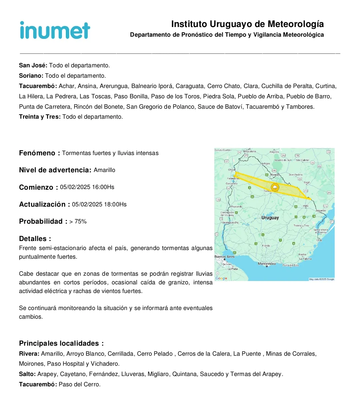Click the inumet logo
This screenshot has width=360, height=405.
(55, 30)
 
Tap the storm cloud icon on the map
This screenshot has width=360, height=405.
(275, 187)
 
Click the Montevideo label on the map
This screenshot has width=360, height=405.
(267, 264)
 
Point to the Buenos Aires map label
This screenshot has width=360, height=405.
(224, 257)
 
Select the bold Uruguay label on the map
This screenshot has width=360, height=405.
(270, 218)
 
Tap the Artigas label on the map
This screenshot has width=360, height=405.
(266, 164)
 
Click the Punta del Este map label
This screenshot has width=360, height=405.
(291, 265)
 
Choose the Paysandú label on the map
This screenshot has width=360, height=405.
(237, 207)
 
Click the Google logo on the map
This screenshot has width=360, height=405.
(221, 278)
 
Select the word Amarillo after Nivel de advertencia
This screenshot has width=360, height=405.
(104, 170)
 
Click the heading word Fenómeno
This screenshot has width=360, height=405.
(37, 153)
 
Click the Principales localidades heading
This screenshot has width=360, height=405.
(61, 343)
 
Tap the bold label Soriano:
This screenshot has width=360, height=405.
(31, 76)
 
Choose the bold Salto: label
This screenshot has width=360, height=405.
(27, 374)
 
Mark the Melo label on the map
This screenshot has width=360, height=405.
(306, 206)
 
